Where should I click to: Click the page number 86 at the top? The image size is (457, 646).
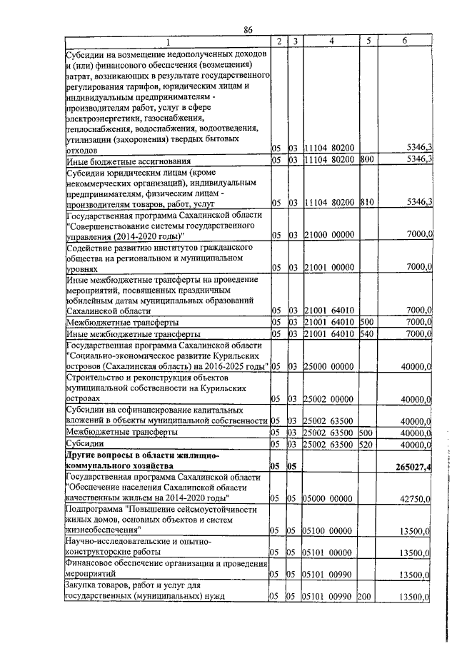[248, 29]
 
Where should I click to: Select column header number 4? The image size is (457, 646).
[331, 42]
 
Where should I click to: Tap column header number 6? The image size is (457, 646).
[404, 42]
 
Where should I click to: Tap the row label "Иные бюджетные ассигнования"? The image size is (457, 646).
[128, 160]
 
